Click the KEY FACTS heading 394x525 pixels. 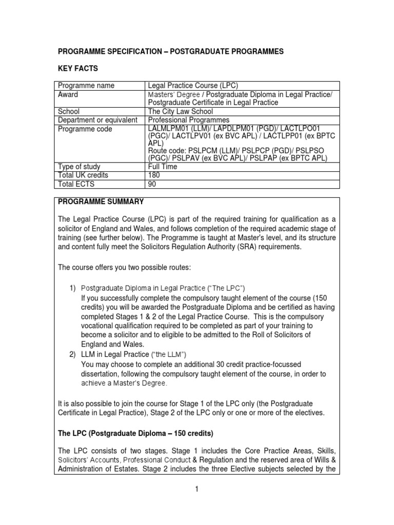coord(77,68)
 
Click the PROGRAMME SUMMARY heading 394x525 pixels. coord(101,201)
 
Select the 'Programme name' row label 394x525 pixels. coord(86,86)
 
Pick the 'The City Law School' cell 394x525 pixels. coord(180,111)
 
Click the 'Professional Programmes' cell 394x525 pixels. coord(189,120)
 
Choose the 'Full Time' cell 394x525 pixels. coord(163,167)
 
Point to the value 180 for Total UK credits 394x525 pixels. coord(154,175)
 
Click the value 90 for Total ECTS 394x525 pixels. coord(152,184)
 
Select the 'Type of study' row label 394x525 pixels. coord(80,167)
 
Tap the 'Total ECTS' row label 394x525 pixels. coord(77,184)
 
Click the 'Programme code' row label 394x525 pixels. coord(85,129)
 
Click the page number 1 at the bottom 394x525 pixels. coord(196,490)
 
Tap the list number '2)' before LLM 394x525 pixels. coord(74,354)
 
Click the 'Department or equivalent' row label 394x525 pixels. coord(97,120)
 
